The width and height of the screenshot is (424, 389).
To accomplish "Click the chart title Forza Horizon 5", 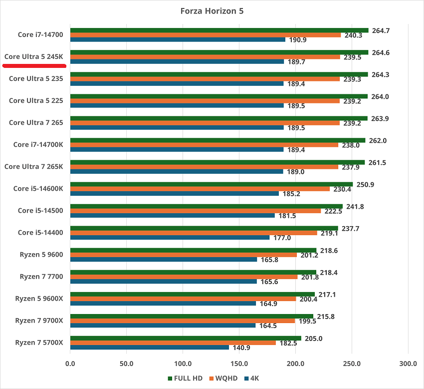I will [x=212, y=10].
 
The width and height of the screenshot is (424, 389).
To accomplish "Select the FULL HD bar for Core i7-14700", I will [x=219, y=30].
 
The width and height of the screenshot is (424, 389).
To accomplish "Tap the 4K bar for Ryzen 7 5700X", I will [x=150, y=347].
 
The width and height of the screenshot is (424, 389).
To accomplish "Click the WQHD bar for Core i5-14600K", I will [x=200, y=189].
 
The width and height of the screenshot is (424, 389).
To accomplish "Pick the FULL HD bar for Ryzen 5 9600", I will [x=193, y=250].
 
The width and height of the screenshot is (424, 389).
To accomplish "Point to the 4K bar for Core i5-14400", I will [x=170, y=237].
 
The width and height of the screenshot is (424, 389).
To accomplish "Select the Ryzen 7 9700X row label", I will [x=39, y=320].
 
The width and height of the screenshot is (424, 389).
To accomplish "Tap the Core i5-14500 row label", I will [x=40, y=210].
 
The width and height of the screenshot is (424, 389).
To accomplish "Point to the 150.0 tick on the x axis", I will [x=239, y=364].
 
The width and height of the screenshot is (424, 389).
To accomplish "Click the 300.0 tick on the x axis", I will [x=408, y=364].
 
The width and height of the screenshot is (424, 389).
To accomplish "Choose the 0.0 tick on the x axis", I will [x=70, y=364].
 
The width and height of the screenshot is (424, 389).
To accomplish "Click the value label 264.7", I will [x=381, y=30].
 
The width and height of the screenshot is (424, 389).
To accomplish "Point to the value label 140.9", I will [x=241, y=348].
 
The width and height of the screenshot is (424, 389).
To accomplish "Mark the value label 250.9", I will [x=365, y=184].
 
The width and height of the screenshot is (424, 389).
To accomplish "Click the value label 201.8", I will [x=310, y=277].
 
